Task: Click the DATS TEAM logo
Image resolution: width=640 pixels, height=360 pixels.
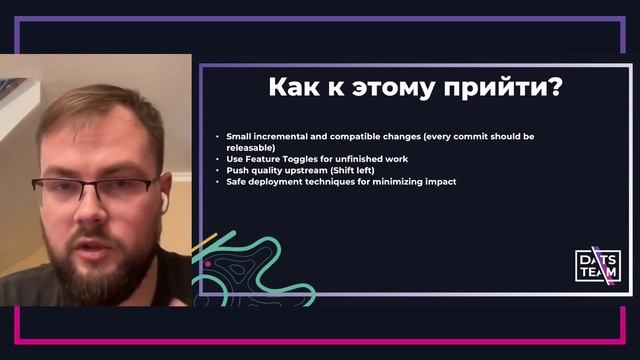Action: [598, 265]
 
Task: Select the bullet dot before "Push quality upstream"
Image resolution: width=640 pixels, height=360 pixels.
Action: [218, 171]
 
